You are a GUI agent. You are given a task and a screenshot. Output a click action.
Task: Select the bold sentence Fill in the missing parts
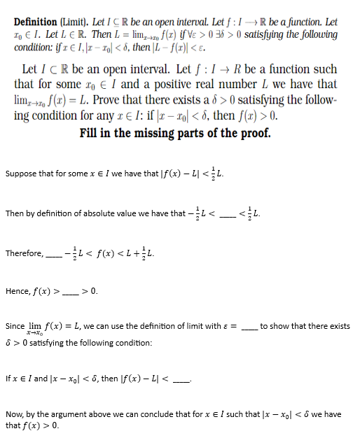click(x=175, y=133)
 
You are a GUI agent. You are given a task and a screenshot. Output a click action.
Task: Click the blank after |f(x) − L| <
click(x=182, y=379)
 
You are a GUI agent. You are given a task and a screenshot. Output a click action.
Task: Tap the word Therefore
click(x=24, y=253)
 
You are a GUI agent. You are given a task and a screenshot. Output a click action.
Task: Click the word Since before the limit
click(x=15, y=326)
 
